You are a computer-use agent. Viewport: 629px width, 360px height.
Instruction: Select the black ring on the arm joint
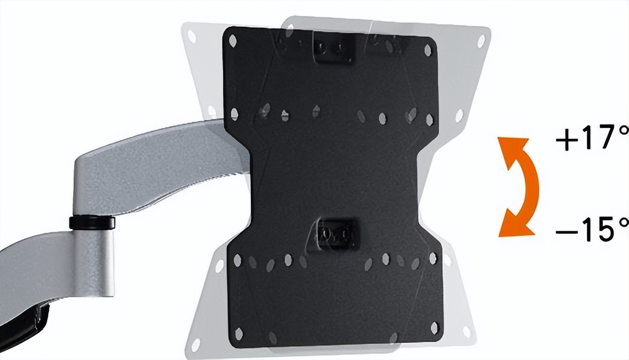(92, 222)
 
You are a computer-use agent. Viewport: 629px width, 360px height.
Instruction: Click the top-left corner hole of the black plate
(233, 41)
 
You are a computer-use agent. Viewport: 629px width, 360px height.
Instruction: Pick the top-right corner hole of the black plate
(427, 50)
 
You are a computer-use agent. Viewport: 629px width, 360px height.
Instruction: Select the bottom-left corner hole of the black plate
(239, 334)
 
